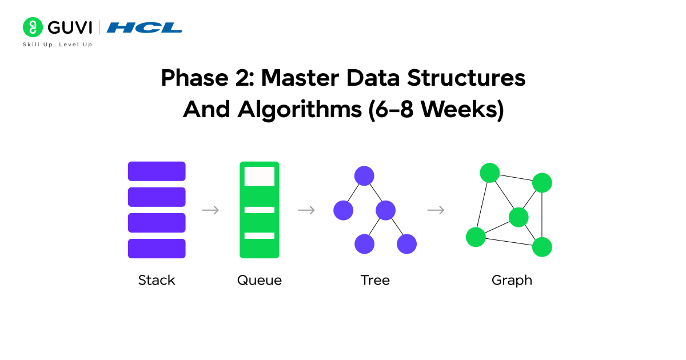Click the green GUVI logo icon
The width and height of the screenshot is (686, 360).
click(x=32, y=27)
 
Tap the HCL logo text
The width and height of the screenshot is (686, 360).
click(x=145, y=27)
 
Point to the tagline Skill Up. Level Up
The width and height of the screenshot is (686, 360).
click(x=57, y=45)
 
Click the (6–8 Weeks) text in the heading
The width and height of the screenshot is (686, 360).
click(x=436, y=110)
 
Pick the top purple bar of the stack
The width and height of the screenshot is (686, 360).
click(x=157, y=171)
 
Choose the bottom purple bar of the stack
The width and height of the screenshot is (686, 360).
click(x=157, y=249)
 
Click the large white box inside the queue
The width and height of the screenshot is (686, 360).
click(x=259, y=176)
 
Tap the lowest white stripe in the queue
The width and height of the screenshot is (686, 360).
click(x=259, y=235)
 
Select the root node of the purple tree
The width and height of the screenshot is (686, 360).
click(x=364, y=175)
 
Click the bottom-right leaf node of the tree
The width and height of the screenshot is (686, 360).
click(x=406, y=244)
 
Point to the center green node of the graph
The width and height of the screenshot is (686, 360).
click(x=519, y=217)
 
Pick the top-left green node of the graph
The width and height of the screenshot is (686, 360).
click(x=490, y=173)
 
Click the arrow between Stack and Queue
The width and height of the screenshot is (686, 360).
click(x=210, y=210)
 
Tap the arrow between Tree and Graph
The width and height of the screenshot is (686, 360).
click(x=436, y=210)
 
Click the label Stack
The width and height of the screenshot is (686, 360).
click(x=157, y=281)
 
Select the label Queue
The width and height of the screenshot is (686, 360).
click(x=260, y=281)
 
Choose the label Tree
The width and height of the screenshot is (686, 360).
click(x=375, y=281)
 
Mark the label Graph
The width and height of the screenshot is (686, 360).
click(x=512, y=281)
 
